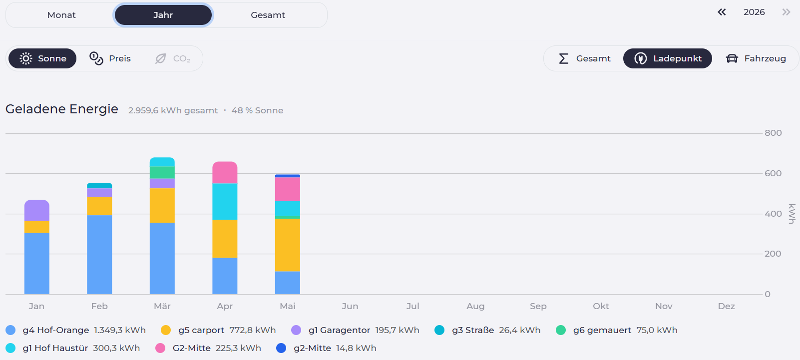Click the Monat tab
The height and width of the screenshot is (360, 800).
pos(61,15)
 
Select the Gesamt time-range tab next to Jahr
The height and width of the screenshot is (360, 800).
pos(268,15)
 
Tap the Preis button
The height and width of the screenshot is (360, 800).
pos(110,58)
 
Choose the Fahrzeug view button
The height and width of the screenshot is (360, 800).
pos(756,58)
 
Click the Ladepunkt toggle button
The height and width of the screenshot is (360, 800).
pos(668,58)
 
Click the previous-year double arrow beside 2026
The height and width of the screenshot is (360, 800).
pos(722,12)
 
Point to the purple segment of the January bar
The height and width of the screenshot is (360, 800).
pos(37,210)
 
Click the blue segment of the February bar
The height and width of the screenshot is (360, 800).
pos(99,255)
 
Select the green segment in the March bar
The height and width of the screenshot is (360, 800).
pos(162,172)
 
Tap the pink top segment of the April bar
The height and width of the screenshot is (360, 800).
pos(225,172)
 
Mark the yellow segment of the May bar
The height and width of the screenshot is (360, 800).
pos(288,245)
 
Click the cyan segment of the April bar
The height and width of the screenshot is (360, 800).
pos(225,201)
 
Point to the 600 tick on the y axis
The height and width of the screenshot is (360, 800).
pos(773,173)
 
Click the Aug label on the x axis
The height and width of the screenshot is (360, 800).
pos(475,306)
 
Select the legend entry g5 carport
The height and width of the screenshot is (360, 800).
pos(218,330)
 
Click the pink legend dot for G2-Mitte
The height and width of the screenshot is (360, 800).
pos(160,348)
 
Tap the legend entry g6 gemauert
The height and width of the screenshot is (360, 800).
pos(617,330)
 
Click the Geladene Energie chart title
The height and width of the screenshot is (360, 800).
pos(62,109)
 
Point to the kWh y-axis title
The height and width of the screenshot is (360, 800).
pos(792,214)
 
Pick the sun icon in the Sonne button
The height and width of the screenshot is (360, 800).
pos(26,58)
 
